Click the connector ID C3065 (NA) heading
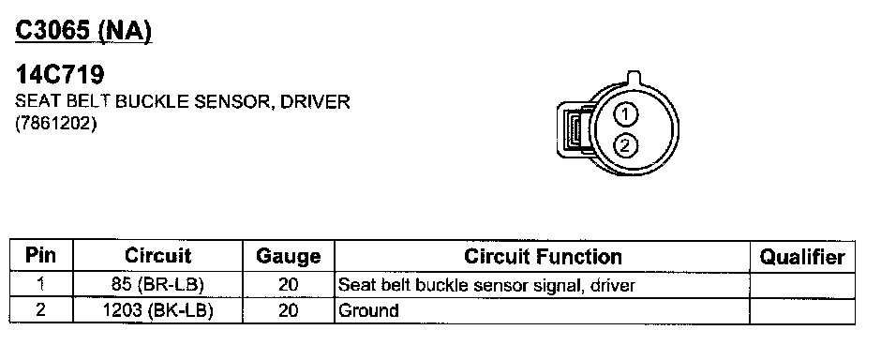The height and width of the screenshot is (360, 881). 83,31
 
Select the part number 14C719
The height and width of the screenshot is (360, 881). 60,75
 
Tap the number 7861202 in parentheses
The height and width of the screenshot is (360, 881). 55,123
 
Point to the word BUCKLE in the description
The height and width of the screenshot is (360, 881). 154,102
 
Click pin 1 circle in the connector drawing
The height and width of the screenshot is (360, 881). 625,114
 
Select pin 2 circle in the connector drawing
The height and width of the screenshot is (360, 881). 625,145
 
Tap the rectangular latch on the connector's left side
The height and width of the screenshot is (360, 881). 573,128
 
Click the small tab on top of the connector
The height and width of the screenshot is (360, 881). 634,77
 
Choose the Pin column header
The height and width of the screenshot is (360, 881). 41,256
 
